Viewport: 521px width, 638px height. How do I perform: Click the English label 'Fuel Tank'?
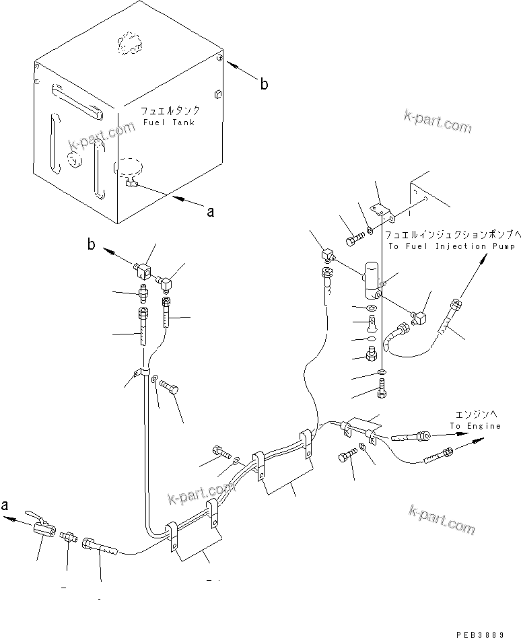click(168, 122)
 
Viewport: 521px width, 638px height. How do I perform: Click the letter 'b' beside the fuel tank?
click(264, 84)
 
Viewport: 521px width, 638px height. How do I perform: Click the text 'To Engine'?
click(475, 426)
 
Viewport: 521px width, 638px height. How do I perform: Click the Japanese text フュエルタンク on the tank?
click(170, 110)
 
